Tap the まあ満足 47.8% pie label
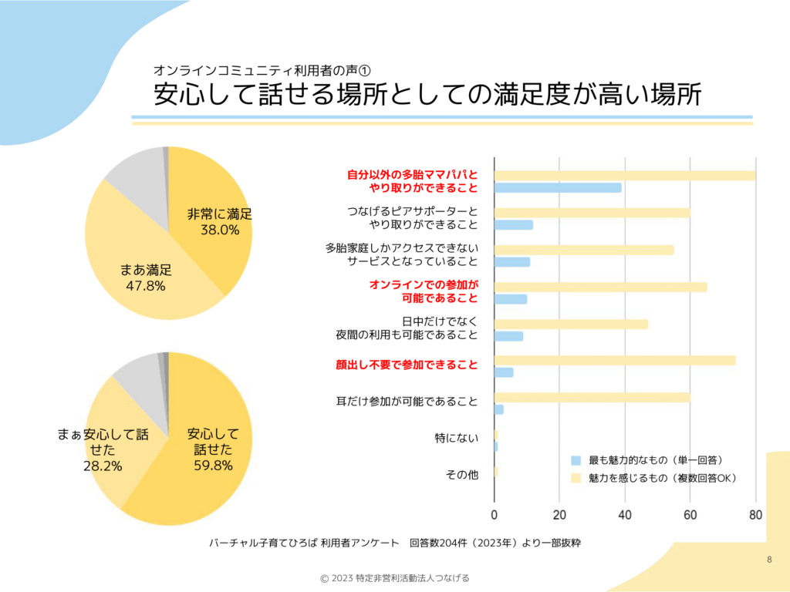[146, 277]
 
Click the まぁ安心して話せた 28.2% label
[103, 449]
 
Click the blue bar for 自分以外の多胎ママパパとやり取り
[557, 187]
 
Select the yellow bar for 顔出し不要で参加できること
[614, 360]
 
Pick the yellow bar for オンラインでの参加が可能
[600, 287]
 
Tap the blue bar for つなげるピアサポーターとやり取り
[513, 225]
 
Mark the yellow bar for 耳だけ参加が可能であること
[592, 397]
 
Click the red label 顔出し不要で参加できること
[407, 365]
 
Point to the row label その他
[461, 475]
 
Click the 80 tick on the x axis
[755, 515]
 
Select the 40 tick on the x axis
[625, 515]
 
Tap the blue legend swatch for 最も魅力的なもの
[576, 460]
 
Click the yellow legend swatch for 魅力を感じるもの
[576, 479]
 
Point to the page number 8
[769, 559]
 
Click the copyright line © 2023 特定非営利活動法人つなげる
[395, 578]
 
